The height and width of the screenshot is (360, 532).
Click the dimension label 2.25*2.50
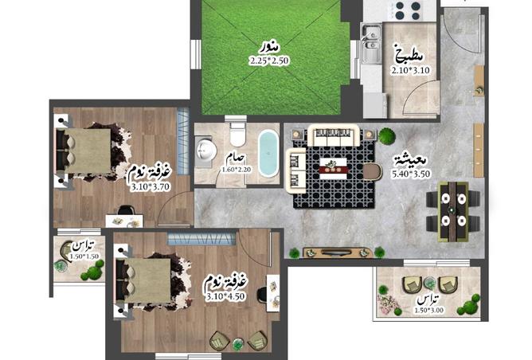270,61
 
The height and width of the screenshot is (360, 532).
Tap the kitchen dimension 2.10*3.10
410,71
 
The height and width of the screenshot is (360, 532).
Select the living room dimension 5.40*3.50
411,174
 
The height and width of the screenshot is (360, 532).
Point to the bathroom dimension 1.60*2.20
237,170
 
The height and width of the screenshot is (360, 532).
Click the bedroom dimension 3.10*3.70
151,187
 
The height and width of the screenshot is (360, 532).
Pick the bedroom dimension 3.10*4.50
225,296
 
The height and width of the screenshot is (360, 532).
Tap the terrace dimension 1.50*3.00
428,310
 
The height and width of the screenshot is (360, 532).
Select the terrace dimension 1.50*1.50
84,256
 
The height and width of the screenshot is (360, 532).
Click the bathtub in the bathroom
268,154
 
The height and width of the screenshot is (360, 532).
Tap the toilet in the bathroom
237,133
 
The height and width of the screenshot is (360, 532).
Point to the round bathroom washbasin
206,150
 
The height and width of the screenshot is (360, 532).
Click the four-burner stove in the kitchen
408,11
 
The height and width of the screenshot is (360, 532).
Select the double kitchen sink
371,44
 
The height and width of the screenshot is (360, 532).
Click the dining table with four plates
453,211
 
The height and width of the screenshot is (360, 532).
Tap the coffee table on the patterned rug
333,168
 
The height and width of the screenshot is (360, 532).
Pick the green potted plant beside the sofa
387,135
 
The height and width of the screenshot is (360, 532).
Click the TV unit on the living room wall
337,252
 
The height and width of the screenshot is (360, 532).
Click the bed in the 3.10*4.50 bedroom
143,280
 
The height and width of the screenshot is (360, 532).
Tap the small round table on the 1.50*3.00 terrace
430,282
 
